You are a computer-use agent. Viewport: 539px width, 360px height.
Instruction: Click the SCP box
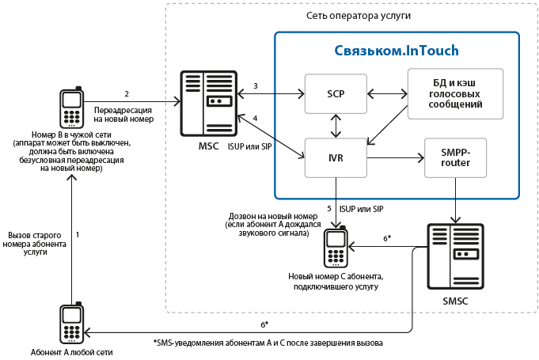pyautogui.click(x=336, y=94)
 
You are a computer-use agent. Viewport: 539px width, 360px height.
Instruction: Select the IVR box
pyautogui.click(x=336, y=158)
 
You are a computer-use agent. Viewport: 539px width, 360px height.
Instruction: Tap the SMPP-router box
pyautogui.click(x=455, y=158)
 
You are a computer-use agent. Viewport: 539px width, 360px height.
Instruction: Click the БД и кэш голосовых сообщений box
pyautogui.click(x=455, y=94)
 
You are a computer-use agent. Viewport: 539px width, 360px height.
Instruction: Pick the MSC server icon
pyautogui.click(x=209, y=104)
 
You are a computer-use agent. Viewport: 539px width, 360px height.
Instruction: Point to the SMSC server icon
pyautogui.click(x=455, y=256)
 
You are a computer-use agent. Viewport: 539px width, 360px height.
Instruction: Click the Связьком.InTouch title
pyautogui.click(x=397, y=51)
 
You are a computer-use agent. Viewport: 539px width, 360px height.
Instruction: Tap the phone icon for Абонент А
pyautogui.click(x=72, y=323)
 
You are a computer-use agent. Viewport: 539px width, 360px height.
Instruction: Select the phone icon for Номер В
pyautogui.click(x=72, y=107)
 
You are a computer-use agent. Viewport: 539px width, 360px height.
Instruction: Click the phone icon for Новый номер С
pyautogui.click(x=336, y=246)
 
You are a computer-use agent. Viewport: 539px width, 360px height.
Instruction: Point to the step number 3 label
pyautogui.click(x=256, y=86)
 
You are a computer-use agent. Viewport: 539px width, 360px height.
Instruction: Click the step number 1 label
pyautogui.click(x=78, y=235)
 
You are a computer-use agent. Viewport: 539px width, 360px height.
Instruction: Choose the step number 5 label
pyautogui.click(x=329, y=209)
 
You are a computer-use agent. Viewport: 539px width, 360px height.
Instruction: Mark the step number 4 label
pyautogui.click(x=255, y=118)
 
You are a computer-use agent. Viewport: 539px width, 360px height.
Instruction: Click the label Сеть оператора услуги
pyautogui.click(x=359, y=16)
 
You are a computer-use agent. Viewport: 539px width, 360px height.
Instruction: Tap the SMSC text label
pyautogui.click(x=455, y=301)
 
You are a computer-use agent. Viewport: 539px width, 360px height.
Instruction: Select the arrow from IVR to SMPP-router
pyautogui.click(x=396, y=158)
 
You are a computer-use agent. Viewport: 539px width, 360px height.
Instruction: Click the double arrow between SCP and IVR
pyautogui.click(x=336, y=126)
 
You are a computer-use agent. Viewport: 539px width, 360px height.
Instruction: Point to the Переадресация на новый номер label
pyautogui.click(x=123, y=115)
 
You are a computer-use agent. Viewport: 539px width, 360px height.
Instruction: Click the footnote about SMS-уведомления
pyautogui.click(x=268, y=343)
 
